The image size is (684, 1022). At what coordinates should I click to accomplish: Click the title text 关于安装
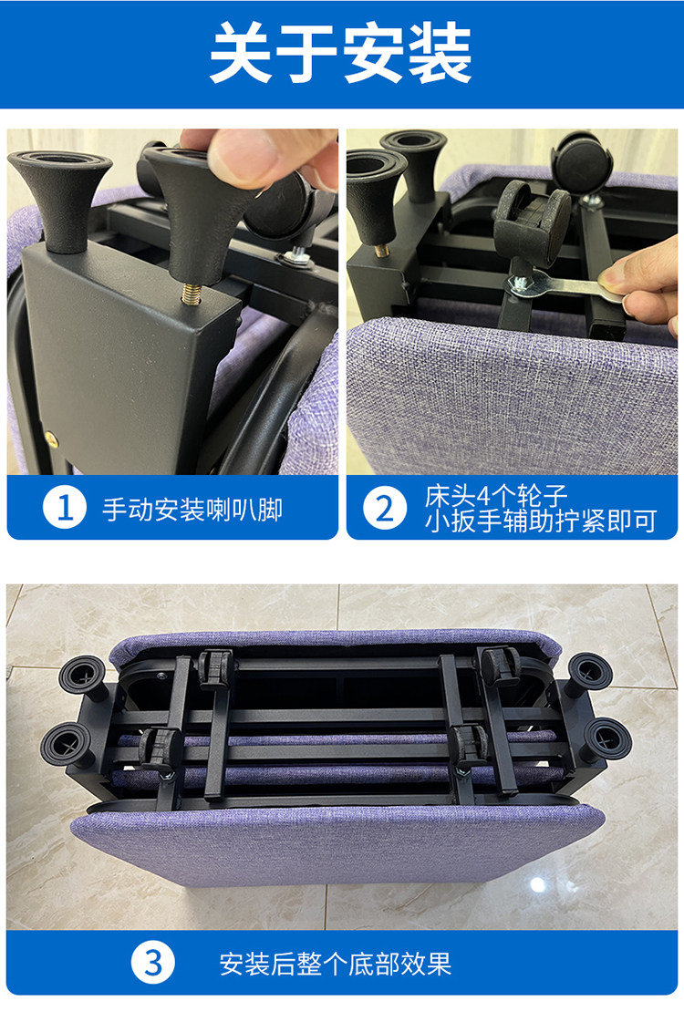pos(340,53)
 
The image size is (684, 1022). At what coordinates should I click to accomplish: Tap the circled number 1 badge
pos(65,508)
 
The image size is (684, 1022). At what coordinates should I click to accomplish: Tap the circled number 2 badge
pos(385,508)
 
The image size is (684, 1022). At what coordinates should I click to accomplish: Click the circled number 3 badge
pos(152,963)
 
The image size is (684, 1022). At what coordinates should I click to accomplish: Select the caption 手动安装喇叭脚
pos(192,509)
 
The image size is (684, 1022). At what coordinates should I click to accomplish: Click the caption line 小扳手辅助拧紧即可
pos(541,521)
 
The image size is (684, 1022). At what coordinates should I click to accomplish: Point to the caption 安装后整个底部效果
pos(335,964)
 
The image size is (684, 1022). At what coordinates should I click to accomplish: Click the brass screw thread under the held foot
pos(191,294)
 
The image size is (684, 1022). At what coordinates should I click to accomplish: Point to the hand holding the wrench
pos(644,283)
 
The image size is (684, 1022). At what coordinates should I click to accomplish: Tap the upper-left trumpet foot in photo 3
pos(83,676)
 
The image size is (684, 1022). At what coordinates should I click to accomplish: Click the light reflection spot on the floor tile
pos(538,883)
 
